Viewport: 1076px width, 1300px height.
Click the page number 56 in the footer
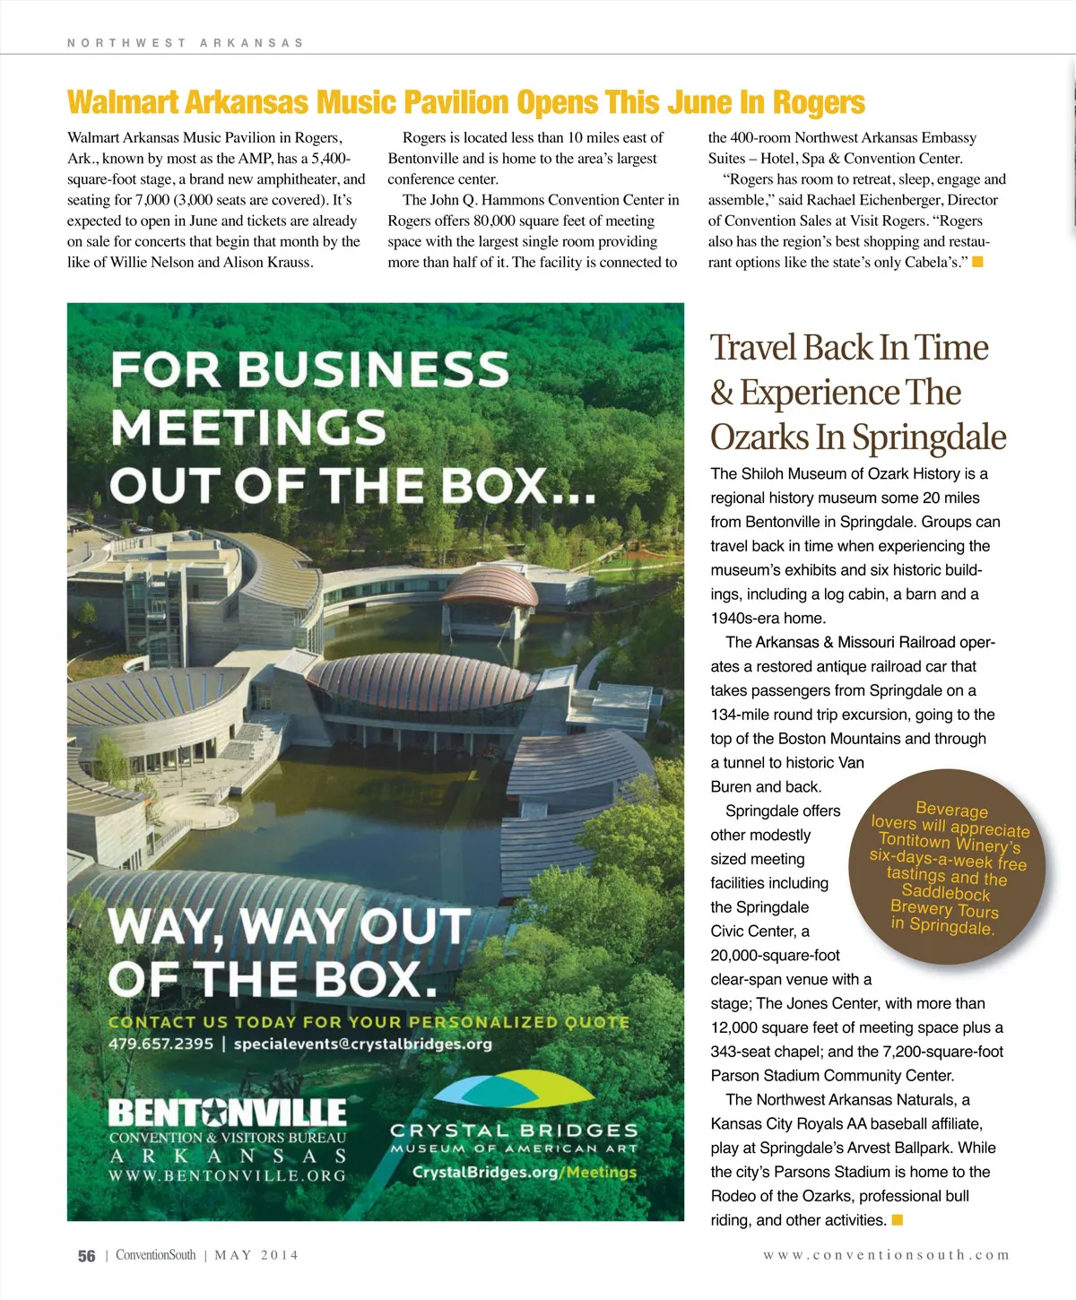(x=86, y=1256)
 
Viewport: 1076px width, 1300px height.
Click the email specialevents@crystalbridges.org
(x=362, y=1044)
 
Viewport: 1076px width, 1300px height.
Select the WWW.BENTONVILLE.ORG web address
(x=227, y=1175)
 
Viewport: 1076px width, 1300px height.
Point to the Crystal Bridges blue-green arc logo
(x=514, y=1090)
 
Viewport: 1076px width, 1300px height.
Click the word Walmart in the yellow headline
(x=123, y=102)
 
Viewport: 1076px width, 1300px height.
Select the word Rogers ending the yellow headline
(x=819, y=102)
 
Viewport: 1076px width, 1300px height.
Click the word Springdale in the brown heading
(x=929, y=438)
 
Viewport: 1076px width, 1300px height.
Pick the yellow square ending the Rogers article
(x=977, y=262)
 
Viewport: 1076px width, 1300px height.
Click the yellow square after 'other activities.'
(x=898, y=1219)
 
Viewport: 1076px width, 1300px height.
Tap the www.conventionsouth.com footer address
(x=886, y=1255)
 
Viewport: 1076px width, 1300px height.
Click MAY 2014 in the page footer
(x=256, y=1255)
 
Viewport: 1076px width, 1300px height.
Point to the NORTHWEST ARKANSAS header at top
(x=185, y=42)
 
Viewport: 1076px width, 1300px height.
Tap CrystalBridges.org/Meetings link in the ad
(x=524, y=1172)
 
